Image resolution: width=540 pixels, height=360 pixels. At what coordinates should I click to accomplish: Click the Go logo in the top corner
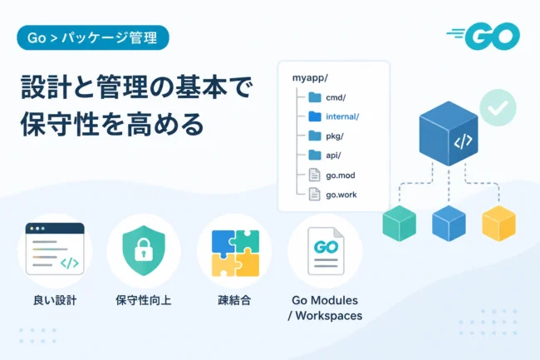pyautogui.click(x=484, y=36)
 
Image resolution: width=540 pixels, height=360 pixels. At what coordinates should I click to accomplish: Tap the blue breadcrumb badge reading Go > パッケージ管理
pyautogui.click(x=93, y=37)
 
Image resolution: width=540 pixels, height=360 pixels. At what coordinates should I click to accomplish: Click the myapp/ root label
pyautogui.click(x=310, y=78)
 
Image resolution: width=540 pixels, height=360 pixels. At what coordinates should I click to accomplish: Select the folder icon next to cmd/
pyautogui.click(x=315, y=97)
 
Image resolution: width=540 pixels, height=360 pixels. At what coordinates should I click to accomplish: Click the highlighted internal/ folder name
pyautogui.click(x=342, y=116)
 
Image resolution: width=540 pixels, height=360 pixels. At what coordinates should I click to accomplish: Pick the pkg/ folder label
pyautogui.click(x=335, y=136)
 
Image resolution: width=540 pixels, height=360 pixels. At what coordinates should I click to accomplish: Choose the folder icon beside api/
pyautogui.click(x=315, y=155)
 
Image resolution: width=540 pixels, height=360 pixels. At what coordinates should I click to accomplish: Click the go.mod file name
pyautogui.click(x=341, y=175)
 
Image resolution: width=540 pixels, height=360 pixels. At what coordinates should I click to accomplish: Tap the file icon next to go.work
pyautogui.click(x=314, y=194)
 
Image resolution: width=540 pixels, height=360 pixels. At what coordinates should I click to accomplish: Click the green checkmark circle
pyautogui.click(x=498, y=107)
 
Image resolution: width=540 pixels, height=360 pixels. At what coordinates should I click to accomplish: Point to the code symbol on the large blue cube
pyautogui.click(x=463, y=141)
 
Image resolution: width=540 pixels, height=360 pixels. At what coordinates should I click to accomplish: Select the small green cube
pyautogui.click(x=399, y=224)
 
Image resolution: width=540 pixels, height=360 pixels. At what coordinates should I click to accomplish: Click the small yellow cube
pyautogui.click(x=498, y=224)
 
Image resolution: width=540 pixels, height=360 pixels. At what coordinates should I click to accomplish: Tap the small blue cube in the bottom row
pyautogui.click(x=449, y=224)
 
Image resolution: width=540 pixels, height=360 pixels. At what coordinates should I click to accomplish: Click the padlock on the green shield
pyautogui.click(x=144, y=249)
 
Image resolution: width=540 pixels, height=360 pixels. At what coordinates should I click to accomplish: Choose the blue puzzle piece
pyautogui.click(x=223, y=243)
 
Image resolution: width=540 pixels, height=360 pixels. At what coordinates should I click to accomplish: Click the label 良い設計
pyautogui.click(x=55, y=300)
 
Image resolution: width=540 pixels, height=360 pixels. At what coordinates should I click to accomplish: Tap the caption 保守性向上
pyautogui.click(x=143, y=300)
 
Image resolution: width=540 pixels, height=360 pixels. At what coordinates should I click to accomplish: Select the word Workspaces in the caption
pyautogui.click(x=328, y=316)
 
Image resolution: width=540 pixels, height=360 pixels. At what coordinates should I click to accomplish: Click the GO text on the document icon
pyautogui.click(x=326, y=247)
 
